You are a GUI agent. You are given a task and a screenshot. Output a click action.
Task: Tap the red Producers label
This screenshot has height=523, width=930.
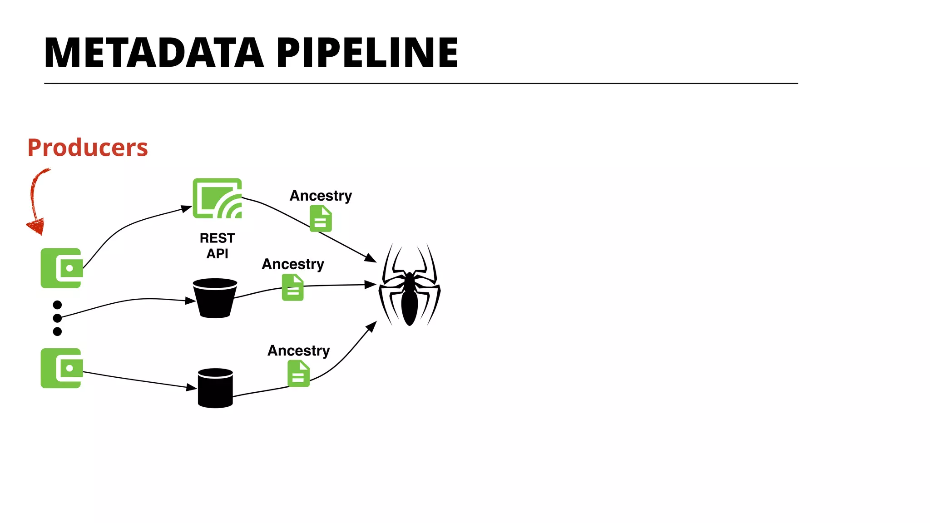88,148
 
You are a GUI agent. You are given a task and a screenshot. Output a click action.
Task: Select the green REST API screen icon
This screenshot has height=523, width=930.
217,198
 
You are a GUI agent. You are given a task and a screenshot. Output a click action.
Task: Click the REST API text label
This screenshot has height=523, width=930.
217,246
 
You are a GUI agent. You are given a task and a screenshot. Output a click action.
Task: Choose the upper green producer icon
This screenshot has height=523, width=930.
62,268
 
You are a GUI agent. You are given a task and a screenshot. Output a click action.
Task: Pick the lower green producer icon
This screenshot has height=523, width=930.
62,368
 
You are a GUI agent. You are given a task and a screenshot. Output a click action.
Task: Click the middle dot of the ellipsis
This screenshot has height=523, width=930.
57,318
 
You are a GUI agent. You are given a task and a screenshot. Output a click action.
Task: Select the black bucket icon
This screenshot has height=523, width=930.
215,298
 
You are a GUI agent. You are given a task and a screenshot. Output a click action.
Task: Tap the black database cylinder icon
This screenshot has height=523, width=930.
215,388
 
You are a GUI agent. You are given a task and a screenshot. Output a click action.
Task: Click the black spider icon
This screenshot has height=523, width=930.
409,286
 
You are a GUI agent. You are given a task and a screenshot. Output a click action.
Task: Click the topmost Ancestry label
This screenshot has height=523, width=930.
321,196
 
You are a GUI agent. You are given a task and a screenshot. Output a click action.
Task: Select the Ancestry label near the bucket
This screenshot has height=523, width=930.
293,264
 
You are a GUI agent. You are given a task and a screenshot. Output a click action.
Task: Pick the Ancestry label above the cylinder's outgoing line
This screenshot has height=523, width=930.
298,350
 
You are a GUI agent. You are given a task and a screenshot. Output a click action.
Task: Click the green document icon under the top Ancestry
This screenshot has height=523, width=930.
321,218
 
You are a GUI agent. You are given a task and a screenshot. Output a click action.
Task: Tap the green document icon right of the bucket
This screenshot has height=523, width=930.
292,287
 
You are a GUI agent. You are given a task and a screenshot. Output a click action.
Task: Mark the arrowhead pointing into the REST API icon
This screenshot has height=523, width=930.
187,208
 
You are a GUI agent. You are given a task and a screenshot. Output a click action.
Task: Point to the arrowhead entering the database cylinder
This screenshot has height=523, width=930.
193,388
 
